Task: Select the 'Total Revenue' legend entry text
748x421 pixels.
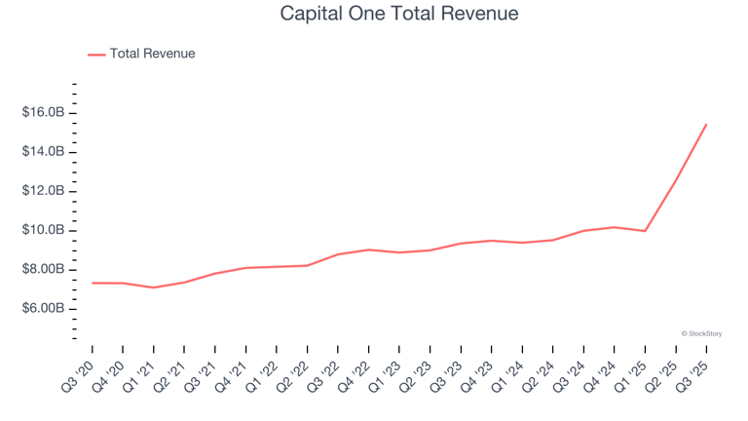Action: tap(152, 54)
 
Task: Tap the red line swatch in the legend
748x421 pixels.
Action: tap(96, 55)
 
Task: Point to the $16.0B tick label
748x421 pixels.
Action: tap(43, 113)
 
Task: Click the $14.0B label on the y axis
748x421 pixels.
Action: tap(43, 152)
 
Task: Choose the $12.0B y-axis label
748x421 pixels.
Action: tap(43, 191)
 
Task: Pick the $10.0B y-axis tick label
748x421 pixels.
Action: tap(43, 230)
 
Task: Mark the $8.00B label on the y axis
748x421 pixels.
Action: tap(43, 269)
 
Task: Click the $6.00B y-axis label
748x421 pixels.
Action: tap(43, 308)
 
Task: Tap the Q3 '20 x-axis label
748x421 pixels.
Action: tap(80, 374)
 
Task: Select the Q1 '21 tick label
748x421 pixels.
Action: tap(141, 374)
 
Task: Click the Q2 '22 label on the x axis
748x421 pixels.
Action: tap(295, 374)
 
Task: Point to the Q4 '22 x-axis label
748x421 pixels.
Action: tap(356, 374)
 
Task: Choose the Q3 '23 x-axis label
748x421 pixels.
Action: tap(448, 374)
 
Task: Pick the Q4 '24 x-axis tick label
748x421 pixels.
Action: tap(602, 374)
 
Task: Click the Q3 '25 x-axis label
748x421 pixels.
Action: tap(693, 374)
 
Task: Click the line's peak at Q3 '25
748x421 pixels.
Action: tap(706, 124)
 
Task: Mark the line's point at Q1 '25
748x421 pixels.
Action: tap(645, 231)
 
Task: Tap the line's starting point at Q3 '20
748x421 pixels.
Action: tap(93, 283)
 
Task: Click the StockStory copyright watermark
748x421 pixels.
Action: tap(701, 333)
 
